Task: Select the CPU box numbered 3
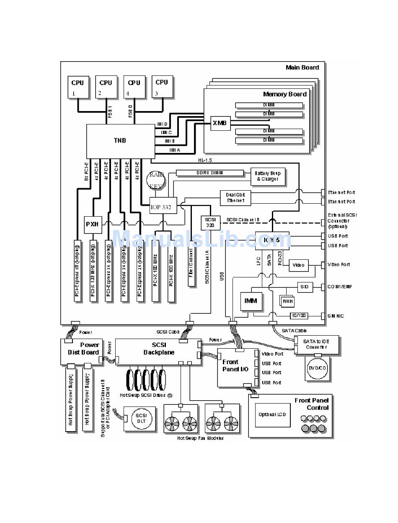pos(162,87)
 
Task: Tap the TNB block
pos(119,141)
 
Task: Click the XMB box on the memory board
pos(220,123)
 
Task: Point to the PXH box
pos(92,224)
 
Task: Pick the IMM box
pos(251,301)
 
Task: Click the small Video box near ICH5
pos(298,265)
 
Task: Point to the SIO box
pos(304,287)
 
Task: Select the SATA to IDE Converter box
pos(316,344)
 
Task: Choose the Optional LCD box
pos(273,414)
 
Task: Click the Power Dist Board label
pos(83,349)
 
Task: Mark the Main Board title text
pos(302,67)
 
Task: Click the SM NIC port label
pos(336,316)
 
